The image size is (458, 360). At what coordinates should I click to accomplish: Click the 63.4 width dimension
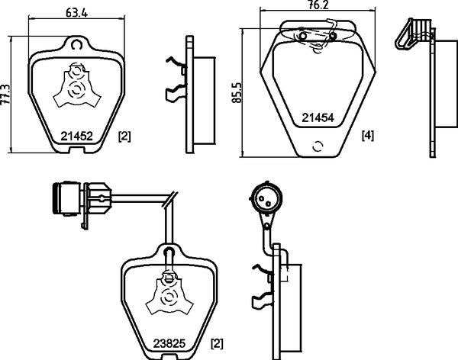point(74,11)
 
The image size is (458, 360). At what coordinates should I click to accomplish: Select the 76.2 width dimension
point(319,5)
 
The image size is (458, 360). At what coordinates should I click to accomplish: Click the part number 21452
point(76,137)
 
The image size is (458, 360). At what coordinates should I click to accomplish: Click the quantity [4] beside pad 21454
point(367,137)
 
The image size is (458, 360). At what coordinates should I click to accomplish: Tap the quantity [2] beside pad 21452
point(125,137)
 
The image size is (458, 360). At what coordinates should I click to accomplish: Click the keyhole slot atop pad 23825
point(169,252)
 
